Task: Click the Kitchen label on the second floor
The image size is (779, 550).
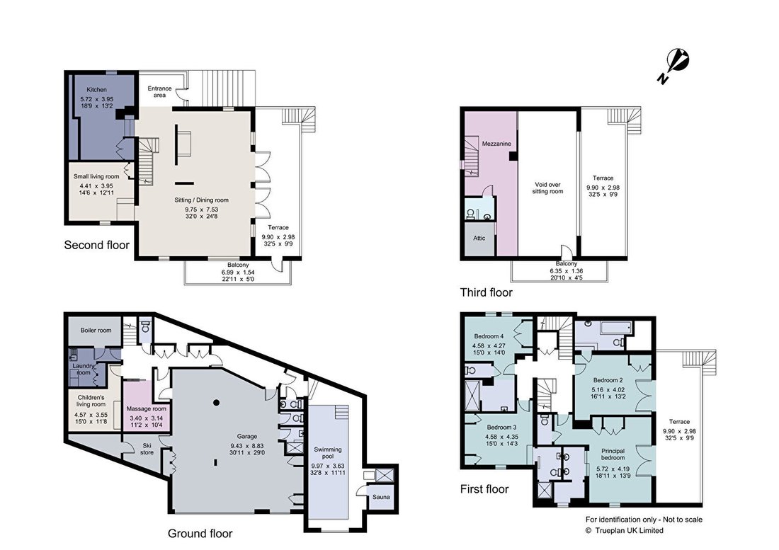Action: (x=96, y=90)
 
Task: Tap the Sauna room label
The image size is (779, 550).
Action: (x=381, y=497)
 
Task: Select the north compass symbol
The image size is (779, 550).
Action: (x=674, y=66)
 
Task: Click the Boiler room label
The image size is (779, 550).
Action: (x=96, y=330)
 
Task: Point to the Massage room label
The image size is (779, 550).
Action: (x=146, y=409)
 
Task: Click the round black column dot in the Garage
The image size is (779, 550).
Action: (x=216, y=403)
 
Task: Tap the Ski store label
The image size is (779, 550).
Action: (x=147, y=449)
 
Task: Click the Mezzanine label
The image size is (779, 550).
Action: (x=496, y=144)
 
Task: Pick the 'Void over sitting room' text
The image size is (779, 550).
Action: (x=547, y=188)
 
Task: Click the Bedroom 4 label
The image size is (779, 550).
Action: (x=489, y=336)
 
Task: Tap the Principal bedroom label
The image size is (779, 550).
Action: (x=613, y=454)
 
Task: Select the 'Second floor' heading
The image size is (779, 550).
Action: (x=97, y=245)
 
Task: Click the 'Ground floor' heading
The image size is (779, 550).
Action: (x=200, y=534)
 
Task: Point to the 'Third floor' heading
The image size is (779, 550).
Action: (x=487, y=292)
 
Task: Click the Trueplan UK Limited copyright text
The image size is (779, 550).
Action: (x=624, y=531)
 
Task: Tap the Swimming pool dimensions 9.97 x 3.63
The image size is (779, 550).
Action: (x=328, y=466)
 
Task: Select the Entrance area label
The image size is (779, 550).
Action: (x=159, y=92)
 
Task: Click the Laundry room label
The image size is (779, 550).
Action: (x=84, y=369)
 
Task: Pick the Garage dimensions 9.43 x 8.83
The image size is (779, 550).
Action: (x=247, y=446)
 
